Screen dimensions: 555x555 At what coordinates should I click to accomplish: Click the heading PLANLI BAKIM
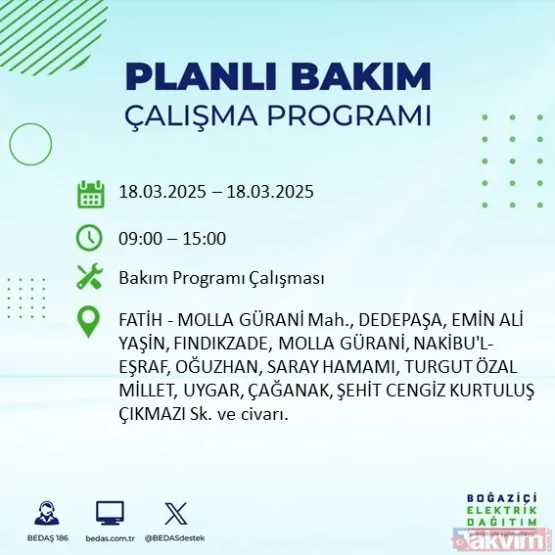tap(278, 76)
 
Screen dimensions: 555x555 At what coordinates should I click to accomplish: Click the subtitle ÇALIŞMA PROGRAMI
tap(278, 115)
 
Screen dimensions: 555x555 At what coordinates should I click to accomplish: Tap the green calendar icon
tap(90, 194)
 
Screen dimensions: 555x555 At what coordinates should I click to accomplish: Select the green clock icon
tap(89, 237)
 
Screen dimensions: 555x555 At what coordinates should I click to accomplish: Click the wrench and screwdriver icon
tap(89, 278)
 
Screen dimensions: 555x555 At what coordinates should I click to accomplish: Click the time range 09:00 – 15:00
tap(172, 238)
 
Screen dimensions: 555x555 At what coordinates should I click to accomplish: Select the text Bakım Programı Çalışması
tap(220, 279)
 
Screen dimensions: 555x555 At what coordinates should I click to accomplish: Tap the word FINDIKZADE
tap(224, 344)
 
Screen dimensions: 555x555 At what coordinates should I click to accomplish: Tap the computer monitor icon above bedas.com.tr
tap(110, 513)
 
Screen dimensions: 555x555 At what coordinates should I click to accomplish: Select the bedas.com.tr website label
tap(110, 538)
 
